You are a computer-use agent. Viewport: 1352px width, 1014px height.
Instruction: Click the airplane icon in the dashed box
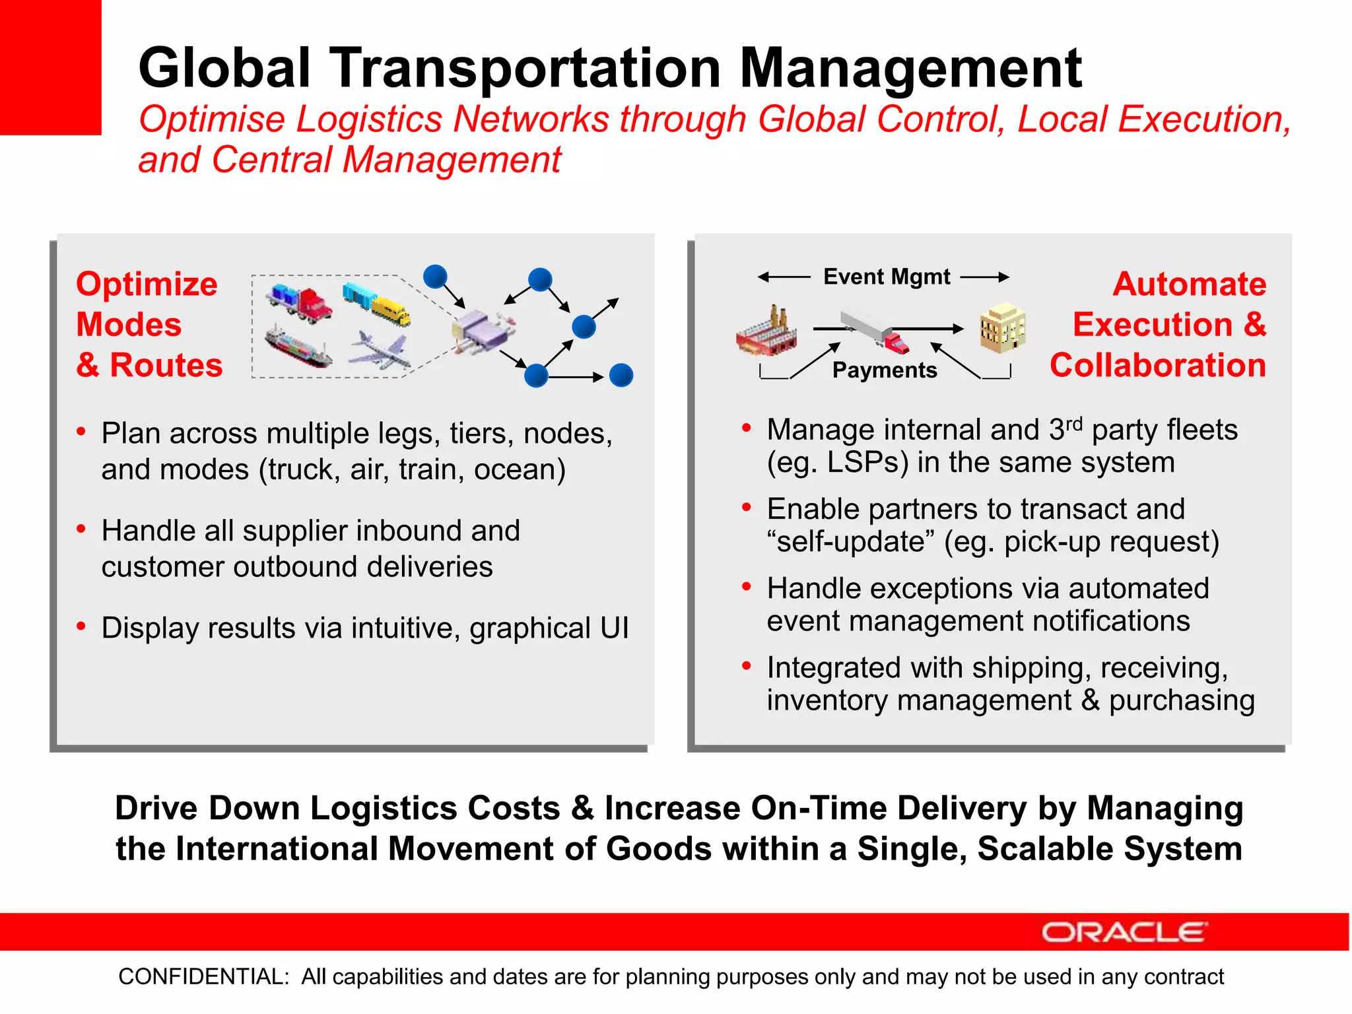click(x=380, y=350)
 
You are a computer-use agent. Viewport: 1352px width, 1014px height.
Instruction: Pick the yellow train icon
click(x=376, y=304)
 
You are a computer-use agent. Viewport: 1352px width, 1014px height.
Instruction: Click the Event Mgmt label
click(x=886, y=277)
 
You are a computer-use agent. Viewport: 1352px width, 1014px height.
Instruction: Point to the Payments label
click(x=884, y=370)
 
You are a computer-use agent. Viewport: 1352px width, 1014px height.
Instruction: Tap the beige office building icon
click(x=1002, y=327)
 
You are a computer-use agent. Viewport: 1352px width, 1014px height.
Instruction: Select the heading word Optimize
click(x=147, y=285)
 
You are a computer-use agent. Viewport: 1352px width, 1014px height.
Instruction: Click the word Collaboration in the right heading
click(x=1157, y=365)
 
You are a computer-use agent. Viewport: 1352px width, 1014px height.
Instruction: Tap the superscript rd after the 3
click(x=1074, y=423)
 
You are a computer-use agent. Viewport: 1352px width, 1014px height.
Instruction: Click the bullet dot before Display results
click(x=81, y=626)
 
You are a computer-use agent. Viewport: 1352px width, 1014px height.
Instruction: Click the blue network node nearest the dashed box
click(x=435, y=277)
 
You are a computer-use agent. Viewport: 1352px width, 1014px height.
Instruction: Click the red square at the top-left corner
click(x=50, y=67)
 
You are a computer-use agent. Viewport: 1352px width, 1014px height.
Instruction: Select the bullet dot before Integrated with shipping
click(x=747, y=666)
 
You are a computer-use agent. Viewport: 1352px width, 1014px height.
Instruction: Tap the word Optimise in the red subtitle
click(x=211, y=120)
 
